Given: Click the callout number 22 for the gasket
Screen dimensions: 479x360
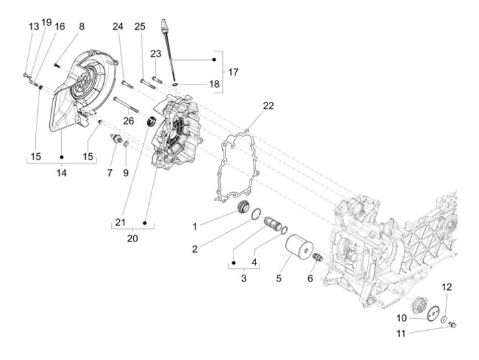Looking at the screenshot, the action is pyautogui.click(x=269, y=106).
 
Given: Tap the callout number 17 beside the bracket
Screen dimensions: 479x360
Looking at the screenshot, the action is pyautogui.click(x=233, y=72).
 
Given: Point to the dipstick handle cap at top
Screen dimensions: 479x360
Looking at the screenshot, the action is pyautogui.click(x=164, y=25).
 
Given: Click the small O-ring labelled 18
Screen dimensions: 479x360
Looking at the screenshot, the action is pyautogui.click(x=176, y=84).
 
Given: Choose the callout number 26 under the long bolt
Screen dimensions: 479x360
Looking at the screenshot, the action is pyautogui.click(x=128, y=121).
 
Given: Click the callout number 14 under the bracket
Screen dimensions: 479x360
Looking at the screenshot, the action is pyautogui.click(x=61, y=173).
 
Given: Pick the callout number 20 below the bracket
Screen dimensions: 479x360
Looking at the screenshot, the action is pyautogui.click(x=132, y=238).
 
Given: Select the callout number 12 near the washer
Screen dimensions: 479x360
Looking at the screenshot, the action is pyautogui.click(x=446, y=287).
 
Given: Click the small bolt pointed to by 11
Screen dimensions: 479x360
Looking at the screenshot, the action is pyautogui.click(x=453, y=324).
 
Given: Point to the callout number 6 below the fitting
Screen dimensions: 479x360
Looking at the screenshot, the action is pyautogui.click(x=310, y=278).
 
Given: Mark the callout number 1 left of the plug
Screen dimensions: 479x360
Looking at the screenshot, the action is pyautogui.click(x=194, y=227).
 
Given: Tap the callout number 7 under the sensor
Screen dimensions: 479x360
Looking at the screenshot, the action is pyautogui.click(x=110, y=173).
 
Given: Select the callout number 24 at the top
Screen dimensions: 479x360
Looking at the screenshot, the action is pyautogui.click(x=118, y=27).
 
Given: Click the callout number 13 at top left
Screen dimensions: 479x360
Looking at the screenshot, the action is pyautogui.click(x=34, y=27).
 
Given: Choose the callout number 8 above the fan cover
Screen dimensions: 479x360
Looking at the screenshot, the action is pyautogui.click(x=81, y=27).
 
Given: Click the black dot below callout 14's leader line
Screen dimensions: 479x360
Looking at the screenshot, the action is pyautogui.click(x=61, y=157).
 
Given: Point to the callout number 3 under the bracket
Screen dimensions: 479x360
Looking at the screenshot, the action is pyautogui.click(x=243, y=278).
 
